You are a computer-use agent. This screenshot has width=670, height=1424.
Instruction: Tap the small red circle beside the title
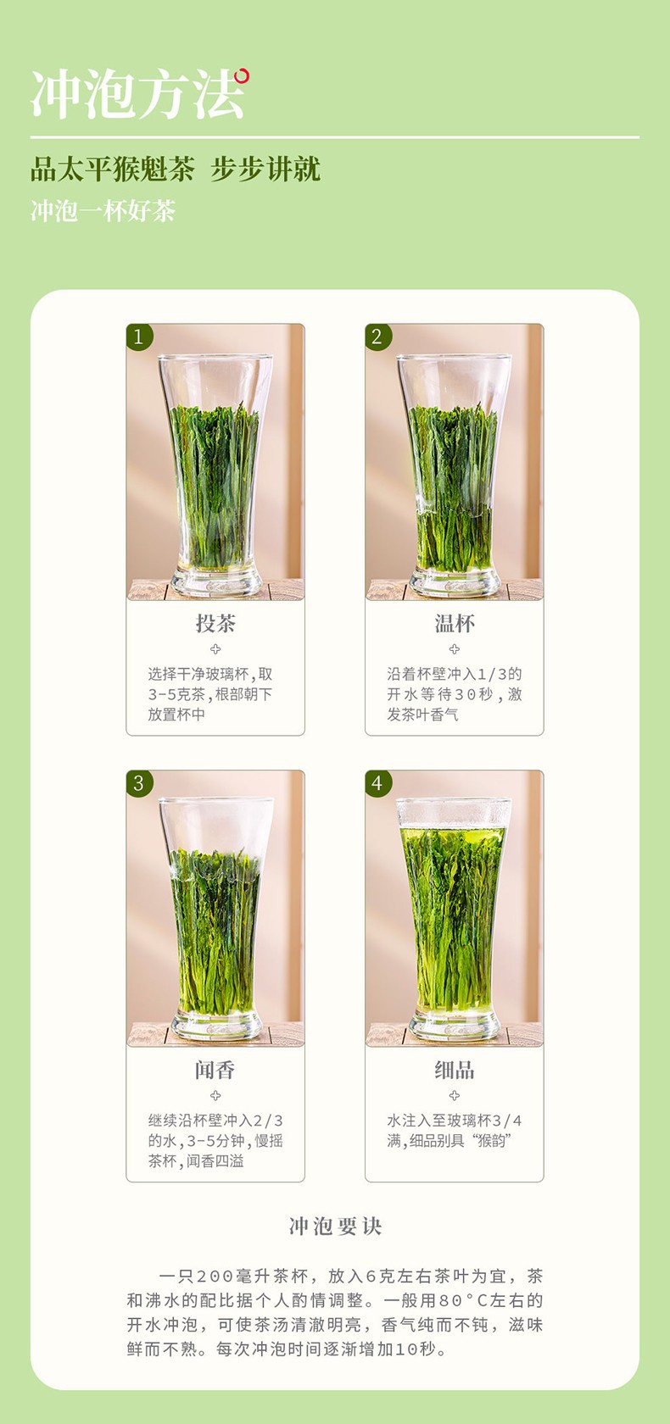click(242, 76)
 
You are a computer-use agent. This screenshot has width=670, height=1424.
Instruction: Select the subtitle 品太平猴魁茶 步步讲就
click(176, 169)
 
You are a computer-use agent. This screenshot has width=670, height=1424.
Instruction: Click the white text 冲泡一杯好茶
click(103, 210)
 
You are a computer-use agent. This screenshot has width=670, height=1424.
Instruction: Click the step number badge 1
click(139, 337)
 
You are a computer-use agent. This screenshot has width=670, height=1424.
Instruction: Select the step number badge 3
click(139, 782)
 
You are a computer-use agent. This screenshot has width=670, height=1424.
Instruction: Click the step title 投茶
click(215, 624)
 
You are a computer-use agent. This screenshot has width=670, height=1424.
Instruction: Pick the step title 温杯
click(455, 624)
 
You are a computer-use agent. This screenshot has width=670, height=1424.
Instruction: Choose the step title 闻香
click(215, 1070)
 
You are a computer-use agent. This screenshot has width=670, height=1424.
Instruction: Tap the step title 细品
click(455, 1070)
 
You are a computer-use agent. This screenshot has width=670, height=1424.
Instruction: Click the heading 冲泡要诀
click(335, 1227)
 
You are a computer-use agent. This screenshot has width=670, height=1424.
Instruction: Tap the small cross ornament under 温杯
click(455, 649)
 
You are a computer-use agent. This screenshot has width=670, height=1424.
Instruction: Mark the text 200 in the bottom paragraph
click(215, 1277)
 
